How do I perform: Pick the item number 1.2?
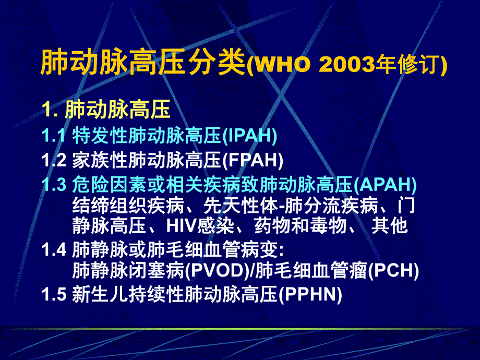[54, 160]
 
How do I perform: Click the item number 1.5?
[54, 295]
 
